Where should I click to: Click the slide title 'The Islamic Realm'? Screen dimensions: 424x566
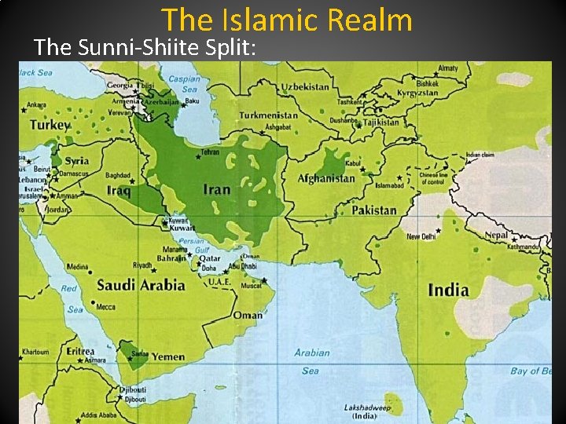(x=287, y=20)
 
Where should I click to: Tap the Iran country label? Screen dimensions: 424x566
(x=217, y=189)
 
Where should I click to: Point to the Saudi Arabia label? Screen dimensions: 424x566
(x=141, y=284)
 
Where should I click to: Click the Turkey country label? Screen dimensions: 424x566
(x=50, y=125)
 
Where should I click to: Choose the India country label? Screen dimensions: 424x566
(x=448, y=291)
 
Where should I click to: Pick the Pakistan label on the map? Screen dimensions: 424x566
(x=373, y=210)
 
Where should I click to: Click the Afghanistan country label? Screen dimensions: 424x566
(x=326, y=178)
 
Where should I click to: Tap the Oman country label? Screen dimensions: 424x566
(x=248, y=316)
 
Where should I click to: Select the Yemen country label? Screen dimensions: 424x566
(x=168, y=356)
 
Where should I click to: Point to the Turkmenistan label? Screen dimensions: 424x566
(x=268, y=115)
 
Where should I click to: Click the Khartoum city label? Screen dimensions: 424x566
(x=35, y=352)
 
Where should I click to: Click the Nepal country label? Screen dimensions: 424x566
(x=496, y=234)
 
